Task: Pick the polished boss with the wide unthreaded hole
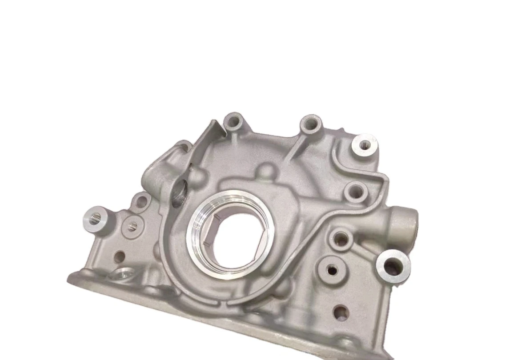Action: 393,265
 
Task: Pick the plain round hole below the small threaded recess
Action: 119,256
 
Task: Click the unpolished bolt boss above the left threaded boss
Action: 142,201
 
